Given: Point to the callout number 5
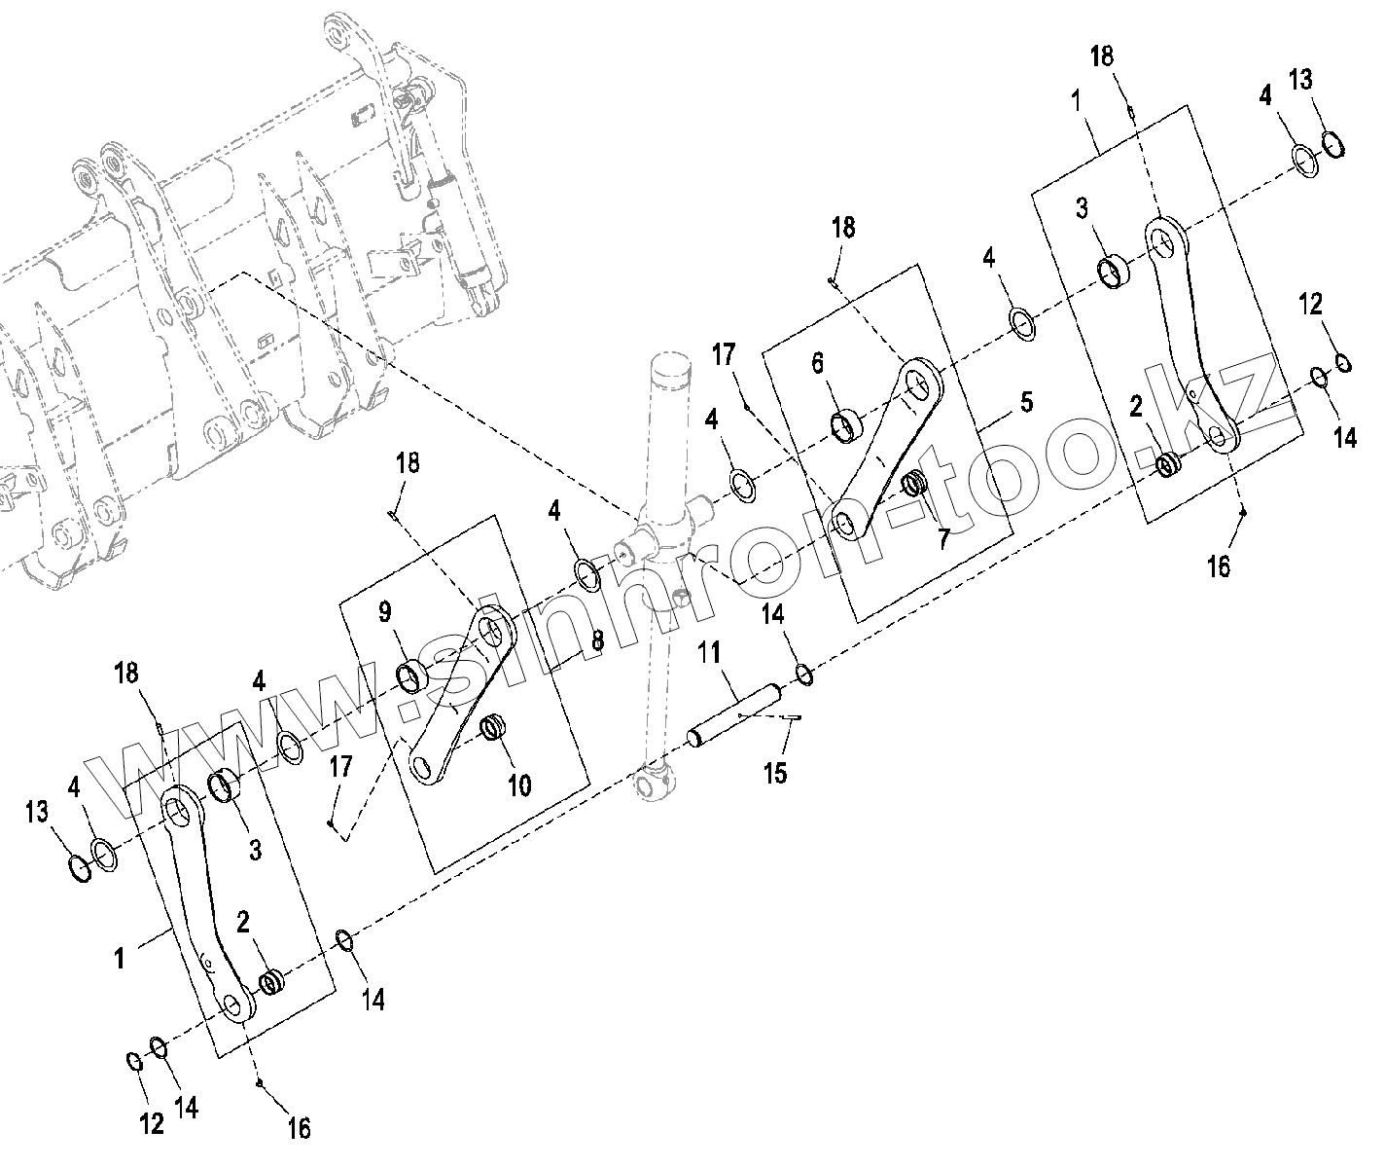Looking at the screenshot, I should pyautogui.click(x=1025, y=401).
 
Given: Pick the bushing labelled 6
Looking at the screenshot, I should pyautogui.click(x=845, y=426).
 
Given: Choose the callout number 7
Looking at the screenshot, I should pyautogui.click(x=941, y=538).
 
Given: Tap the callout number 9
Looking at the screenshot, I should pyautogui.click(x=385, y=613).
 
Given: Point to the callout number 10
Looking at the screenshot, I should pyautogui.click(x=520, y=785).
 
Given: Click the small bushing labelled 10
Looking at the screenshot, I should pyautogui.click(x=495, y=726).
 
